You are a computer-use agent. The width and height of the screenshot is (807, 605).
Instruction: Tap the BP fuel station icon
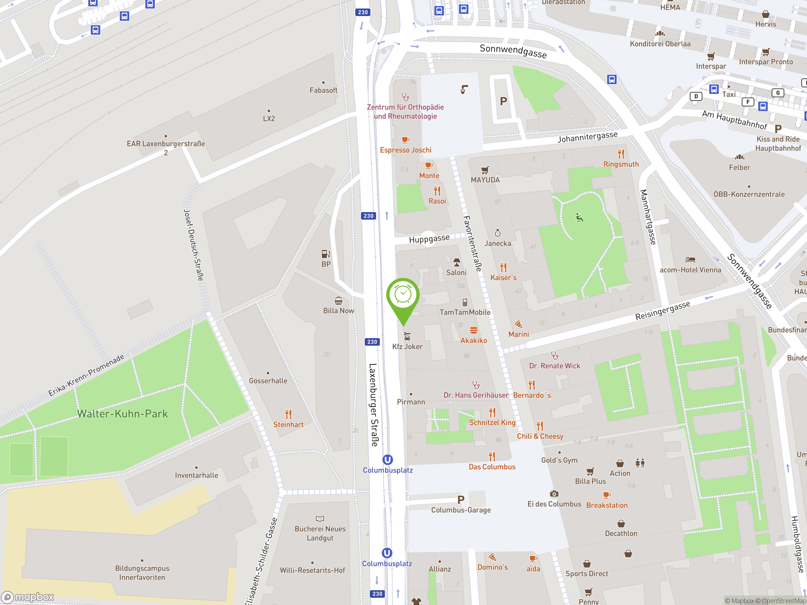326,254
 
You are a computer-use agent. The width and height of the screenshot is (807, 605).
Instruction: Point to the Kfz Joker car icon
407,336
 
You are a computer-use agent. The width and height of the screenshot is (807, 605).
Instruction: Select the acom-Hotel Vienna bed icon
690,260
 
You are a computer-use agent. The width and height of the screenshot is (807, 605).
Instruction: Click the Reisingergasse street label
663,310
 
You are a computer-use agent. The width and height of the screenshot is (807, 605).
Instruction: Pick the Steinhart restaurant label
288,424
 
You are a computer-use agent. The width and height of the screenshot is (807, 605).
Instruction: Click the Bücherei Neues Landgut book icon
320,519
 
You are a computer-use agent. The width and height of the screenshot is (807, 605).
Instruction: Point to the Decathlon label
621,533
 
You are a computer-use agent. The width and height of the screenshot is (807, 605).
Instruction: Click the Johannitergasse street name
587,137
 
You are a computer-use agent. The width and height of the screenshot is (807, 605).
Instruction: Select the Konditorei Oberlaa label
660,44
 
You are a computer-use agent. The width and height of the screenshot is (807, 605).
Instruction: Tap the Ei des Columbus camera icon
554,494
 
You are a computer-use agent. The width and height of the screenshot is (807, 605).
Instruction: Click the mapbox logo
28,597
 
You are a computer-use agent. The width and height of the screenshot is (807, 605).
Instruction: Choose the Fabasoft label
323,90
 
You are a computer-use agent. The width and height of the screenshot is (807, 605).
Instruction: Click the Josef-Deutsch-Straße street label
193,245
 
